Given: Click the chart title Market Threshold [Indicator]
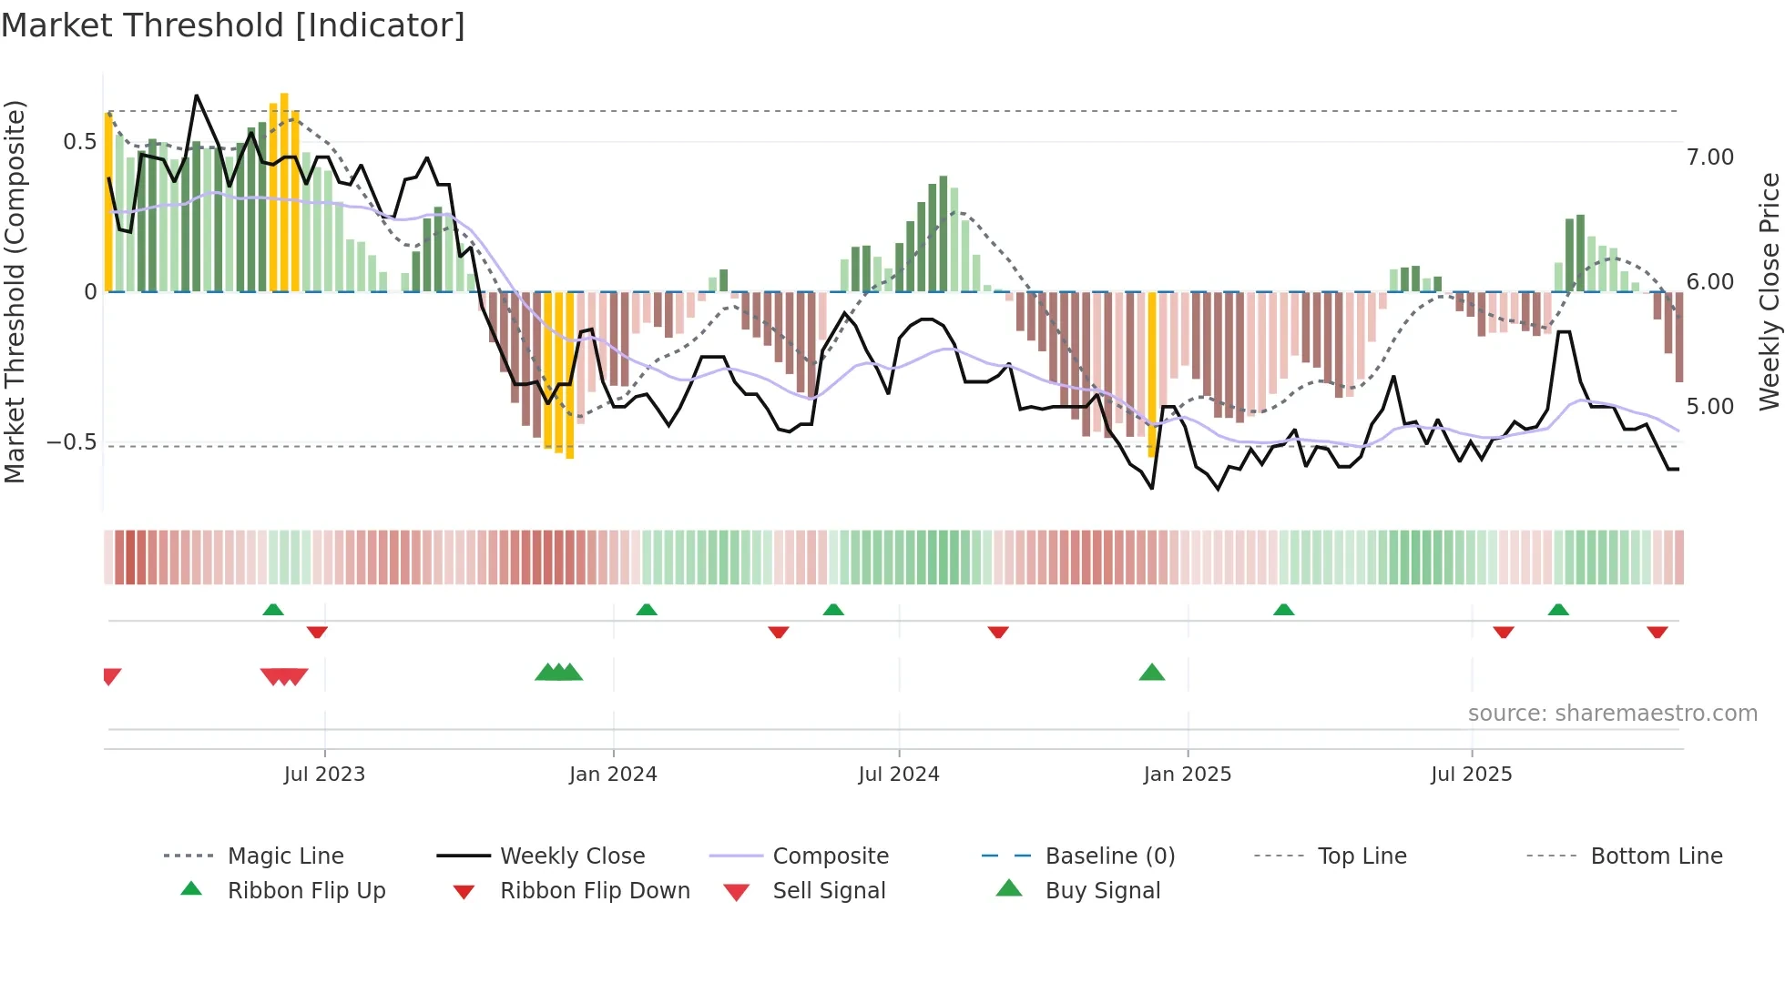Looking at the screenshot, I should click(x=233, y=25).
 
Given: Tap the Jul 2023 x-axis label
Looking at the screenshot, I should click(x=324, y=775).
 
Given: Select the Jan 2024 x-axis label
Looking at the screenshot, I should click(x=613, y=775).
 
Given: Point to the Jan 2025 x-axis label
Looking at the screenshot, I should click(x=1187, y=775).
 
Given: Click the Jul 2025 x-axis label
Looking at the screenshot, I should click(x=1471, y=775).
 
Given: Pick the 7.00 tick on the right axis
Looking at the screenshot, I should click(x=1709, y=157).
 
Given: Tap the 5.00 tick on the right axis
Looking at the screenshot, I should click(x=1709, y=407).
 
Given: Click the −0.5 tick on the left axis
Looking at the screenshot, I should click(x=72, y=442).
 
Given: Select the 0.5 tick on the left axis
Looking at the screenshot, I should click(x=79, y=142).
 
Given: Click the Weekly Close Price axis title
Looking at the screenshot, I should click(x=1769, y=291).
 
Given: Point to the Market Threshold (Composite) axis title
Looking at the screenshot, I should click(x=15, y=291).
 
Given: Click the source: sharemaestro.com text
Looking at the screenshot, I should click(x=1612, y=714).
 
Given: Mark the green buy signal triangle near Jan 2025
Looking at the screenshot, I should click(x=1152, y=673).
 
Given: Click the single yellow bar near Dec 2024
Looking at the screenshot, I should click(x=1152, y=373).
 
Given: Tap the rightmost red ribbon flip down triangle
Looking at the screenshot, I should click(x=1657, y=632).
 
